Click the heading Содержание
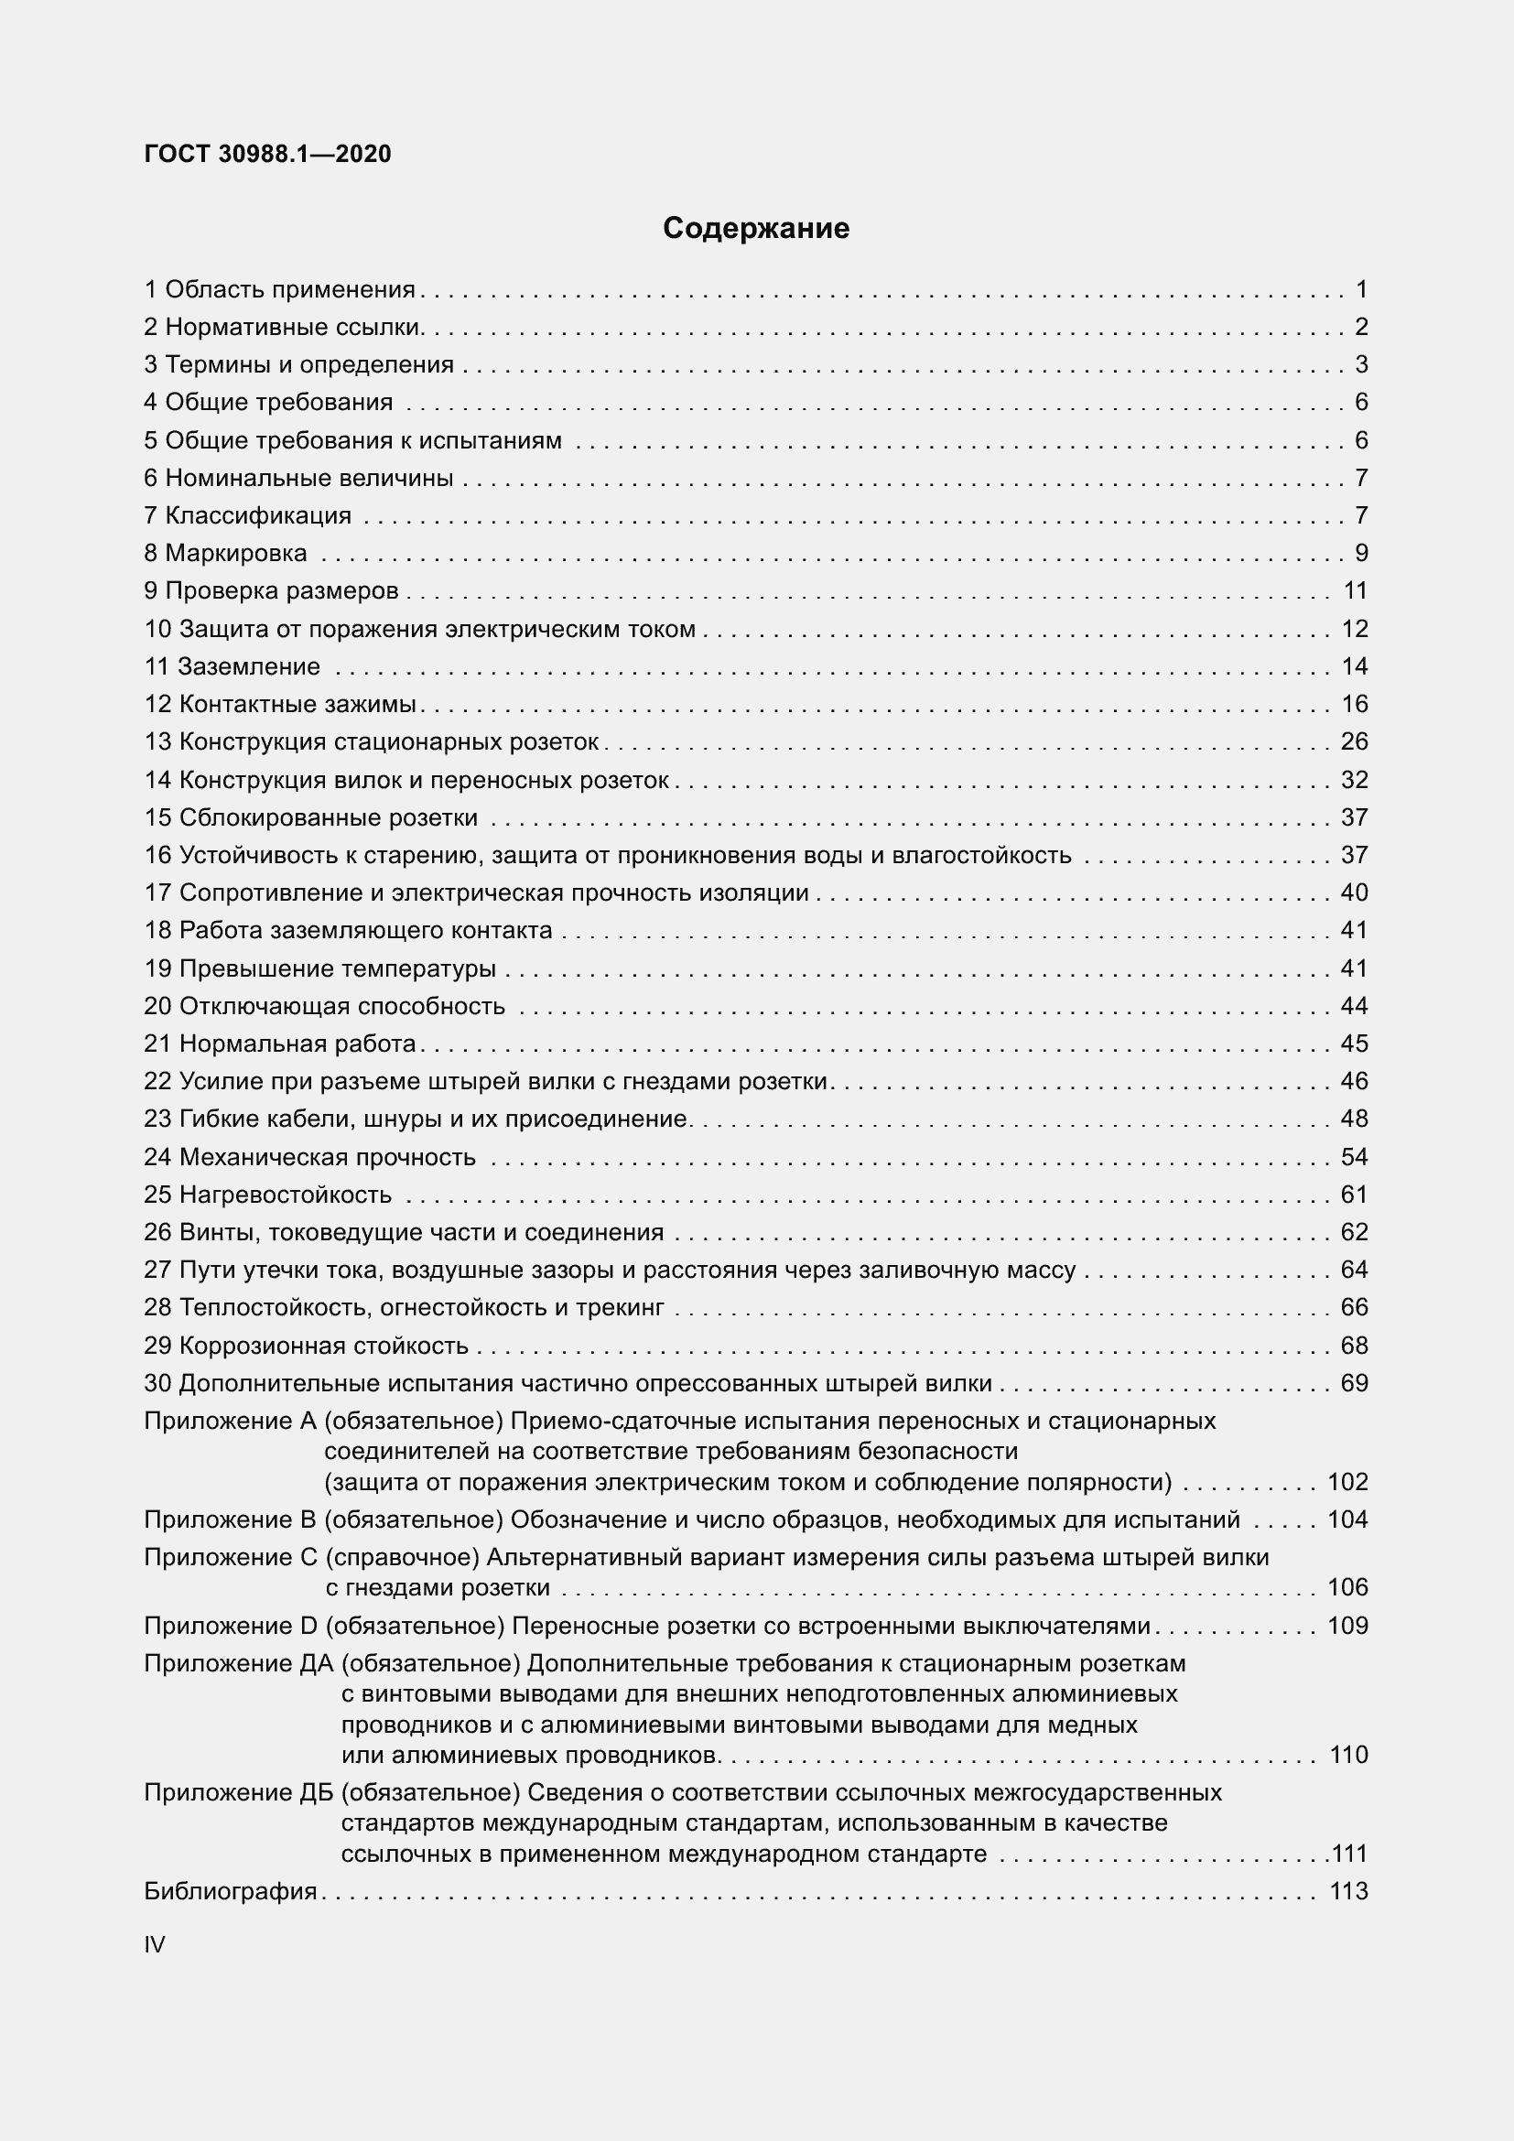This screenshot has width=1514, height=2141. pos(755,229)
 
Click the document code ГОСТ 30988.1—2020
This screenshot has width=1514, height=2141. pos(267,154)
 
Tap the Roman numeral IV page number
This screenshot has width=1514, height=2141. pos(155,1944)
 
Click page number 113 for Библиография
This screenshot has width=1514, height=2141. pos(1347,1891)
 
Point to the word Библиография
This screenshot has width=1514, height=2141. pos(231,1891)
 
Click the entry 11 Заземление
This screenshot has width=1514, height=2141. pos(232,665)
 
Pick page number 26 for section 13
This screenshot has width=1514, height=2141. pos(1354,741)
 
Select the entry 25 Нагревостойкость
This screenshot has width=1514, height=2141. pos(267,1195)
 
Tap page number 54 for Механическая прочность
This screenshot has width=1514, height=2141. pos(1354,1157)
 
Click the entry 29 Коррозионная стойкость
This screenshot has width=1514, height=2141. pos(306,1346)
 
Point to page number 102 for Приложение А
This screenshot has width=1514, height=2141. pos(1347,1482)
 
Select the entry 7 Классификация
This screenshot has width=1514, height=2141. pos(247,515)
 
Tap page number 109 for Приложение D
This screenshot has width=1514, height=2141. pos(1347,1626)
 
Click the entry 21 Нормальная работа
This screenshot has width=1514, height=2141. pos(280,1043)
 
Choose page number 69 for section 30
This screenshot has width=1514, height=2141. pos(1354,1383)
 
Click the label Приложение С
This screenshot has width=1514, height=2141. pos(231,1557)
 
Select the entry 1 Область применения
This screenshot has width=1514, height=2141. pos(280,289)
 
